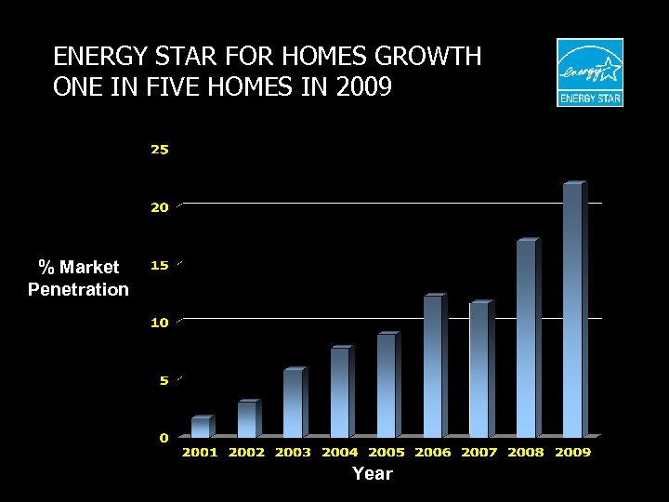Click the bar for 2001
tap(201, 428)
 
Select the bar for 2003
tap(294, 403)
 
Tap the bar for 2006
tap(433, 367)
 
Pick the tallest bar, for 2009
tap(572, 310)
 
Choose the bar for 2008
tap(526, 339)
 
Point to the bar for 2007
tap(479, 370)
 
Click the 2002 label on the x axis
tap(246, 453)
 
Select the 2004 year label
tap(340, 453)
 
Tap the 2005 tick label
tap(387, 453)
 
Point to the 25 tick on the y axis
tap(160, 150)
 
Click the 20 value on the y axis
tap(160, 207)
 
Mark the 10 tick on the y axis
tap(160, 323)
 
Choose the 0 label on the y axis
tap(164, 437)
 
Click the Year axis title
tap(373, 474)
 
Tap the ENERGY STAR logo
tap(590, 73)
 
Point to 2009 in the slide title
tap(365, 88)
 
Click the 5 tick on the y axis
tap(164, 380)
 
